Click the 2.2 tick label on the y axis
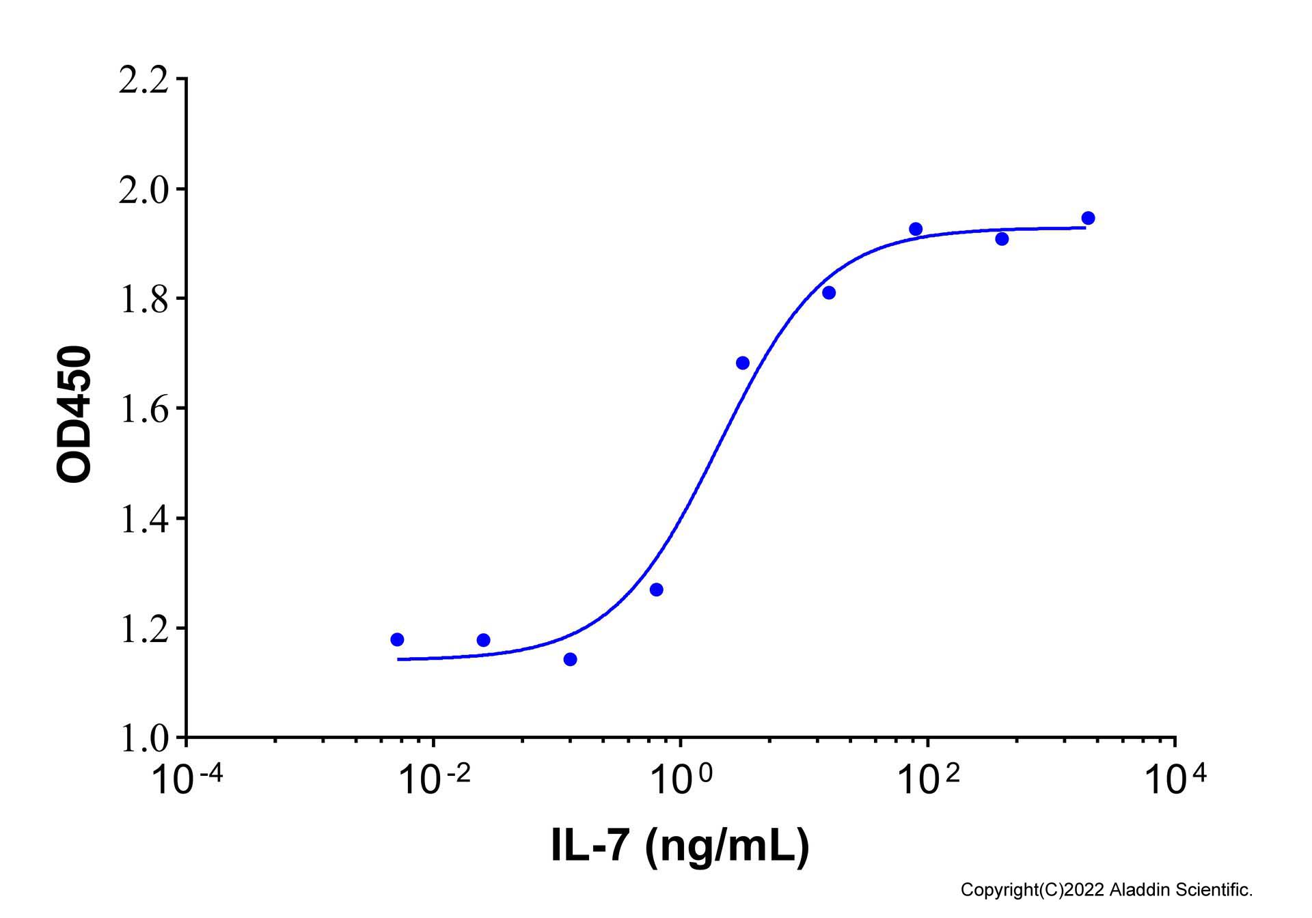click(143, 81)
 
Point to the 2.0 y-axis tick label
click(143, 191)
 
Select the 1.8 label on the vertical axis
click(143, 300)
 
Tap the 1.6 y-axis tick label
click(143, 410)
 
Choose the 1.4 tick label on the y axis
click(143, 520)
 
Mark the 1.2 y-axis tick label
click(143, 630)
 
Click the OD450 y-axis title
click(74, 415)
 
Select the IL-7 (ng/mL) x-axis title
click(680, 846)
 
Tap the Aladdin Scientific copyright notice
click(1106, 890)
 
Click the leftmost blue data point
click(397, 639)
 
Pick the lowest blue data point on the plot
click(570, 659)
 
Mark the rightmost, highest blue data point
click(1089, 218)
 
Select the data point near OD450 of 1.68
click(743, 363)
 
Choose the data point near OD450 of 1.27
click(656, 589)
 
